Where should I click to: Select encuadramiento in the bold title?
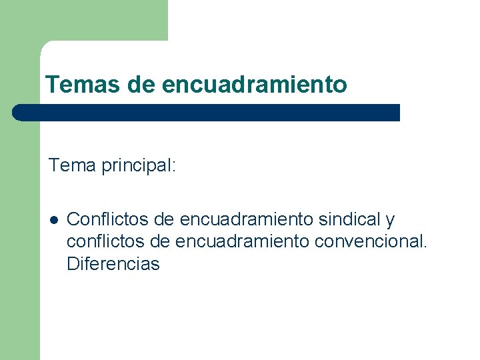254,85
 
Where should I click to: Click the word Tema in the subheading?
73,165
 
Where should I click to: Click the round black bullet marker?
53,219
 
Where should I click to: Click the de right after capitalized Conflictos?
164,219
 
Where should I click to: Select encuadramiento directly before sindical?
247,219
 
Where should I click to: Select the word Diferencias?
113,263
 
